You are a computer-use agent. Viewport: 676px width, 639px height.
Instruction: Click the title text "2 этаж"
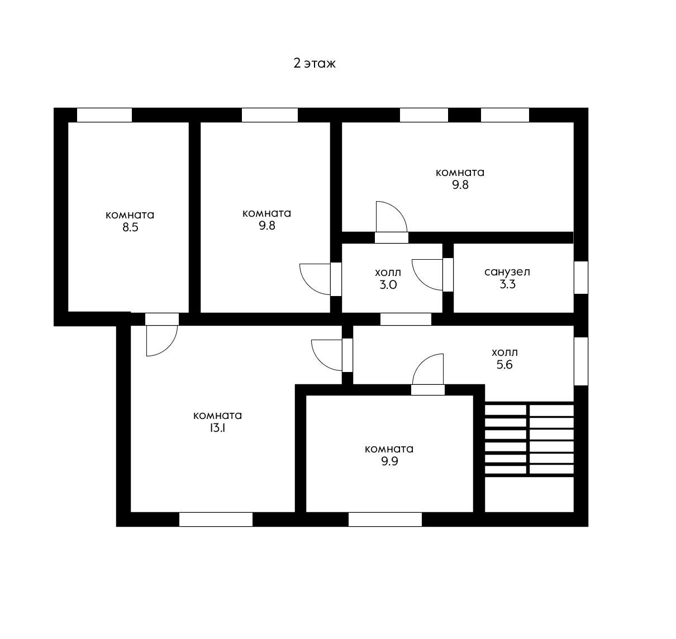[315, 64]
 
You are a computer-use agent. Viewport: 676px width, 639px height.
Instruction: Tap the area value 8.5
[130, 227]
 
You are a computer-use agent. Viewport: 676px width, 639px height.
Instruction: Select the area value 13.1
[217, 428]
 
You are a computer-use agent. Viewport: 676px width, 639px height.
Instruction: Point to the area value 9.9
[389, 461]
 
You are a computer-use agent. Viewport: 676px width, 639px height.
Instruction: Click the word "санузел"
[507, 272]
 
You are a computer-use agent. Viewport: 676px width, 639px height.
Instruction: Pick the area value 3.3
[507, 284]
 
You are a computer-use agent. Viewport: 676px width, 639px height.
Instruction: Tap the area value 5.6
[504, 365]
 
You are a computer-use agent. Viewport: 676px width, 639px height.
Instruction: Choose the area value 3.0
[388, 285]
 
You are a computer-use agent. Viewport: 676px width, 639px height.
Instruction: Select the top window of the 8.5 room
[104, 115]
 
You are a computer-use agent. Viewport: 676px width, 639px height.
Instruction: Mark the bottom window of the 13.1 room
[216, 519]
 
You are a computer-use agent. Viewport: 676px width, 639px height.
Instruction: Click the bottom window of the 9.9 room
[385, 519]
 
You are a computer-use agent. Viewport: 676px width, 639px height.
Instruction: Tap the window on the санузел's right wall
[581, 278]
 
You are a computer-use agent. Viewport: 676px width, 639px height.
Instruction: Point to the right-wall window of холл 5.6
[581, 361]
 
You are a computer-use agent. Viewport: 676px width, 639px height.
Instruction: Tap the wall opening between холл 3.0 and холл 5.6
[406, 319]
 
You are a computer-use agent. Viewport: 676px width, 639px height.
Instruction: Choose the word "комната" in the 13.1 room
[217, 416]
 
